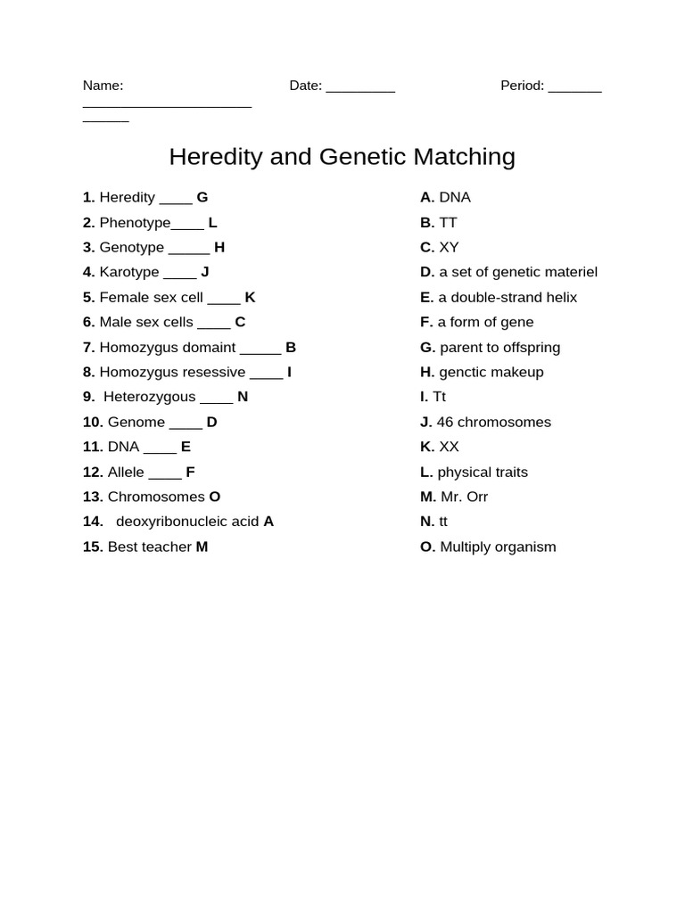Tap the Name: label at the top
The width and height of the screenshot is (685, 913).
(103, 86)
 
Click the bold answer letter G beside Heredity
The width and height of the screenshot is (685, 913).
(202, 197)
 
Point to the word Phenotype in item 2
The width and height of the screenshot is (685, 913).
(135, 222)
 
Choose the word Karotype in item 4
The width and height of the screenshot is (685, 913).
(129, 272)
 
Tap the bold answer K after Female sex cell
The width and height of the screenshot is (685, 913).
(250, 297)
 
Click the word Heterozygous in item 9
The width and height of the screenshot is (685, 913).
(149, 397)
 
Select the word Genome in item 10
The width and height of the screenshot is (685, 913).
(136, 422)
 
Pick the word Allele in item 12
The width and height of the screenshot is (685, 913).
(126, 472)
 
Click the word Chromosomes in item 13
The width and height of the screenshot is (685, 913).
(156, 497)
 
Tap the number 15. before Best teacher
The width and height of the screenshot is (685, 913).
(93, 547)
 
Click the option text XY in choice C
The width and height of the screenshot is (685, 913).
(449, 247)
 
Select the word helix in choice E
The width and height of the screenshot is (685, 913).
(561, 297)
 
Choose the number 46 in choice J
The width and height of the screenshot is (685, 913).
(445, 422)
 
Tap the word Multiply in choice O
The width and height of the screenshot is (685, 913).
(468, 547)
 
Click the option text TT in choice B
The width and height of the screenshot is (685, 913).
(448, 222)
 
